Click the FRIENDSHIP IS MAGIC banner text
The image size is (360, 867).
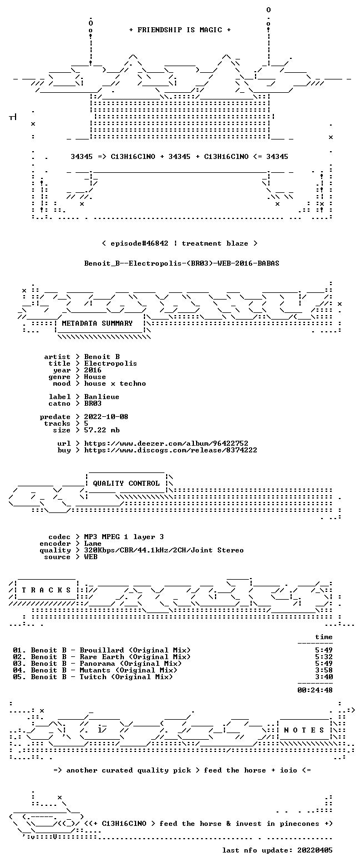(180, 30)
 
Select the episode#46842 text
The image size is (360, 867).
(139, 243)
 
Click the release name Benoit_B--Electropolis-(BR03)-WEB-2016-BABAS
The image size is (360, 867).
(182, 263)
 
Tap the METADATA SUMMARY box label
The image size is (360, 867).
(97, 323)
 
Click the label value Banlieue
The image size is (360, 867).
(102, 397)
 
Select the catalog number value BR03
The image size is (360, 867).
(93, 403)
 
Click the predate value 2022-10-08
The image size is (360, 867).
(106, 417)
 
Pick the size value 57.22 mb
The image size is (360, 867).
(102, 430)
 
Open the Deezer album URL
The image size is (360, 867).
(166, 444)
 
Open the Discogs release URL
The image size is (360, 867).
(171, 450)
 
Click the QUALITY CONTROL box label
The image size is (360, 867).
(126, 484)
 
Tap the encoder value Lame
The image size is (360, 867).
(93, 544)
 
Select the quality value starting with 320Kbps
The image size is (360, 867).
(164, 550)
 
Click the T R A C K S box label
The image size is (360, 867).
(46, 590)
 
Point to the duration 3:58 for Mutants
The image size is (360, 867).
(324, 670)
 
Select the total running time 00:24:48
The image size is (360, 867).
(314, 690)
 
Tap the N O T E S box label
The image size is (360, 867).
(304, 730)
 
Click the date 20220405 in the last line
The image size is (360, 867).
(314, 850)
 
